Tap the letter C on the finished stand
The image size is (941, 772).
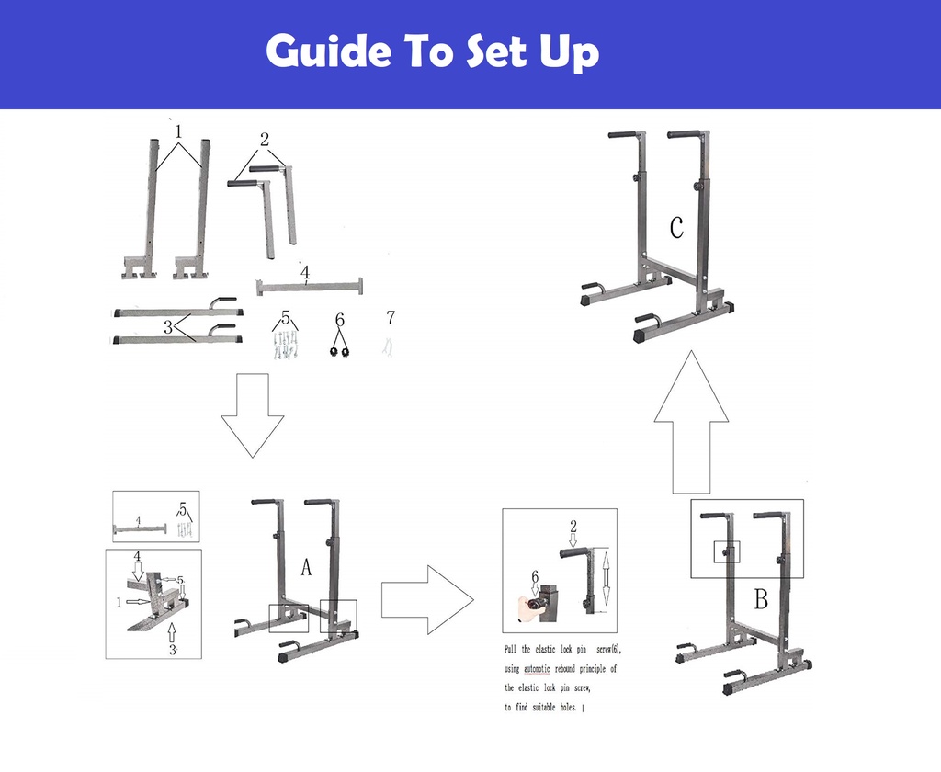point(676,227)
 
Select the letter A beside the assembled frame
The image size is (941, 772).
point(306,569)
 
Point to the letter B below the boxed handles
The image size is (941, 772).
point(761,600)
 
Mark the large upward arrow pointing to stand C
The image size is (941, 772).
point(690,422)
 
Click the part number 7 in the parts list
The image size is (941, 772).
point(391,318)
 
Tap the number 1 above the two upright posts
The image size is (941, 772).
point(178,132)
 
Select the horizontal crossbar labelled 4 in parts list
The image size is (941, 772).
point(309,287)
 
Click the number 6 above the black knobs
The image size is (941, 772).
point(340,320)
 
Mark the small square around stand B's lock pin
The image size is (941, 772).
point(728,551)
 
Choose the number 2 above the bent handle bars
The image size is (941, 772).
point(265,140)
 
